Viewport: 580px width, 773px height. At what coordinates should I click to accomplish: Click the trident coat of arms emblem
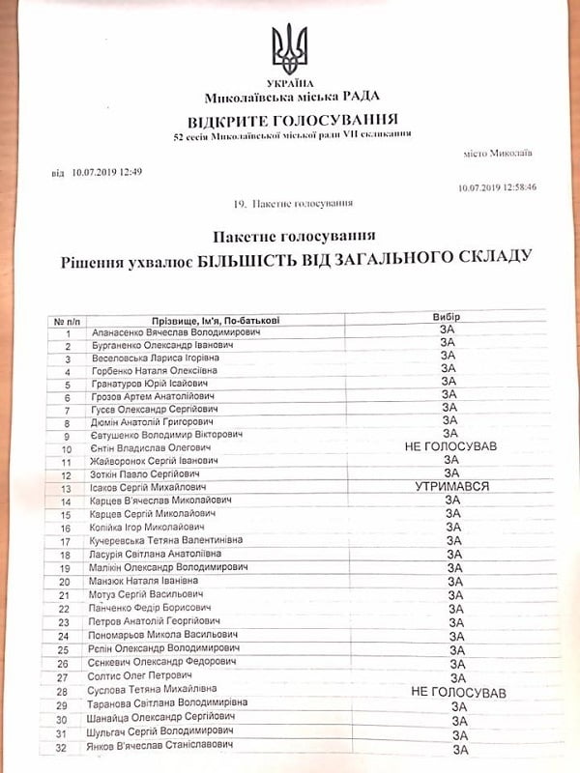(x=290, y=49)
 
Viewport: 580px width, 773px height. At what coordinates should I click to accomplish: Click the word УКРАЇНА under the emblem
(x=290, y=84)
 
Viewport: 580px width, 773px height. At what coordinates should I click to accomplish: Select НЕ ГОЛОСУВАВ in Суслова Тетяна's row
(x=457, y=693)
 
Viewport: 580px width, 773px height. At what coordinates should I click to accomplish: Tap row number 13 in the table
(x=66, y=489)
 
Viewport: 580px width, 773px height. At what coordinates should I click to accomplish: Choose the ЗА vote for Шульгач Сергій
(x=459, y=734)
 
